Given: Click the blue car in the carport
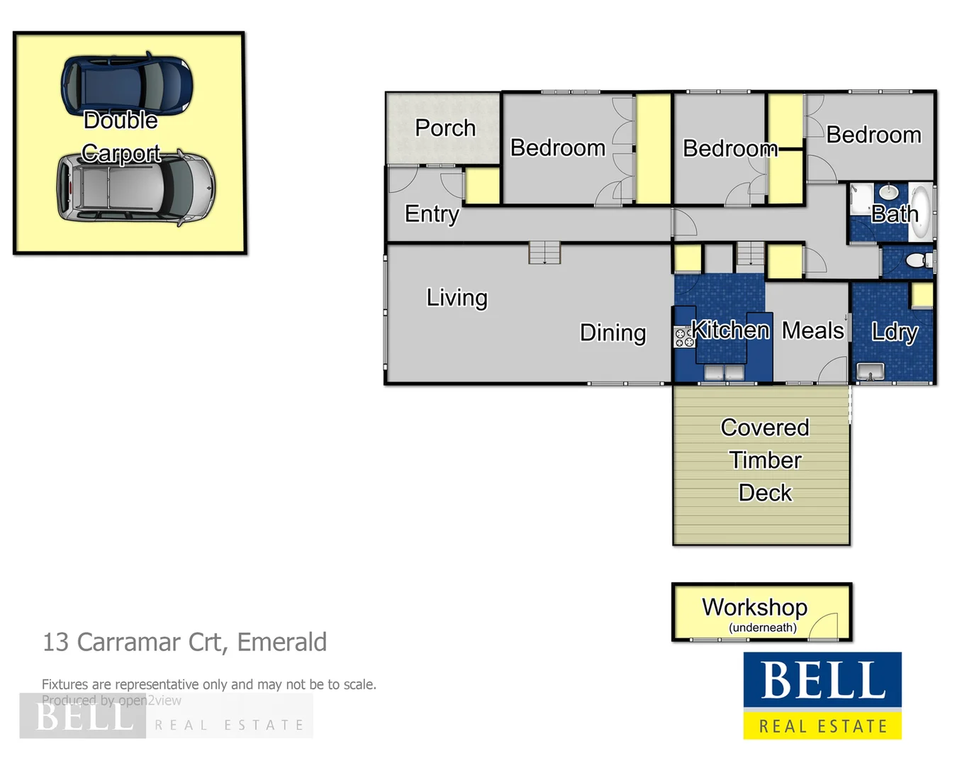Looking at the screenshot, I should click(127, 84).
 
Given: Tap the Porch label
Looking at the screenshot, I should click(445, 128).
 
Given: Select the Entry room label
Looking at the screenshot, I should click(432, 213).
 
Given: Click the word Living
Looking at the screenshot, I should click(457, 297).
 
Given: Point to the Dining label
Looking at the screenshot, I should click(612, 333).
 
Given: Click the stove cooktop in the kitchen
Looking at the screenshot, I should click(684, 338).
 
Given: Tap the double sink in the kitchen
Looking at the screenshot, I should click(724, 372).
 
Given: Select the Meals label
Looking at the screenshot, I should click(812, 331).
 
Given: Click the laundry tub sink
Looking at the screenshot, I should click(870, 371).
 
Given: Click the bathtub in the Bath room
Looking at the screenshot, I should click(921, 211).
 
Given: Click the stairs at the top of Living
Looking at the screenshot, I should click(544, 252).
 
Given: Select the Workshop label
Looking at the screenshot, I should click(754, 607).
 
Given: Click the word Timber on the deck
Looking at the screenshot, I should click(765, 460).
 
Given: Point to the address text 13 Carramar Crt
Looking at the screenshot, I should click(184, 642).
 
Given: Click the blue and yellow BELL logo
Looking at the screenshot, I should click(822, 695).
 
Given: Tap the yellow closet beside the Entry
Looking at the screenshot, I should click(483, 186).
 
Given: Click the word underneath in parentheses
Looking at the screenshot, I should click(763, 628).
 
